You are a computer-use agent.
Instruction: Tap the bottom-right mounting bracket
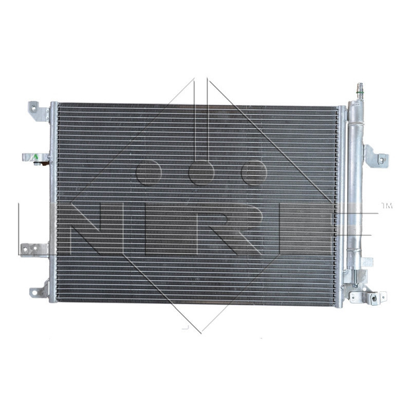367,297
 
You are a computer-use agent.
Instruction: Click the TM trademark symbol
386,206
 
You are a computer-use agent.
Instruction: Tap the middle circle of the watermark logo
201,173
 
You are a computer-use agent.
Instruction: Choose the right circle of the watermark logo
254,173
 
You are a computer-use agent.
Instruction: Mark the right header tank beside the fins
340,206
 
